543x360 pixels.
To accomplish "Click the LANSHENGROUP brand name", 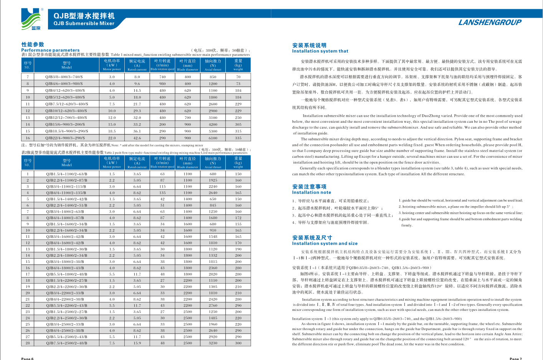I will [490, 22].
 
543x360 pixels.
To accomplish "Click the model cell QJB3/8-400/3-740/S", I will [64, 77].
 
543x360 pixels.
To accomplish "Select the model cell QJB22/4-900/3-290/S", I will [65, 138].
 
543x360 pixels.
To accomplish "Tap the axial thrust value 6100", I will [213, 138].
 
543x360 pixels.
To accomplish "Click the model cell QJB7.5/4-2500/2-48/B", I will [66, 343].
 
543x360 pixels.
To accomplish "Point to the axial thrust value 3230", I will [213, 343].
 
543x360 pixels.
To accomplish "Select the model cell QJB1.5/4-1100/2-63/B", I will [66, 174].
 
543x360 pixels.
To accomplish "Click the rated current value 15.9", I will [137, 343].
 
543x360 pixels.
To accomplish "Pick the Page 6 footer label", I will [27, 358].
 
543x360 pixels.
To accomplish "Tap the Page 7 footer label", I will [515, 358].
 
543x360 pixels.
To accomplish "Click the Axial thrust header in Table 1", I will [213, 65].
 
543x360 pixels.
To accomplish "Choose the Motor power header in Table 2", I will [112, 162].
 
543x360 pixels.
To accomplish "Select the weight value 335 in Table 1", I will [238, 138].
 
